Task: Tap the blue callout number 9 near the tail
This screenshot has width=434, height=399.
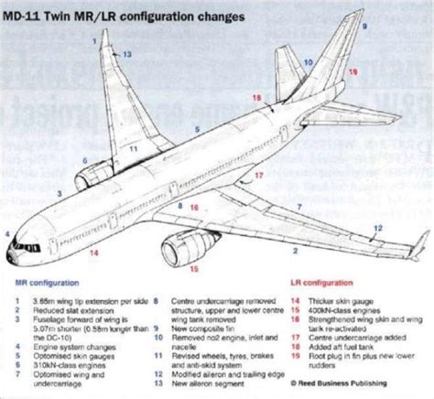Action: (x=363, y=28)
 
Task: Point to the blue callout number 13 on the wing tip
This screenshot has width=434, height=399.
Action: (x=127, y=56)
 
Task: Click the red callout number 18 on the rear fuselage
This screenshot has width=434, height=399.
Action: (x=255, y=97)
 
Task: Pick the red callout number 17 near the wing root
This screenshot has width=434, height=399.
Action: (x=259, y=174)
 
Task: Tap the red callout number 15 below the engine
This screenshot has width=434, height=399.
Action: (x=192, y=269)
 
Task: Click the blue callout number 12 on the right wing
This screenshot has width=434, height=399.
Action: (x=375, y=227)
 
